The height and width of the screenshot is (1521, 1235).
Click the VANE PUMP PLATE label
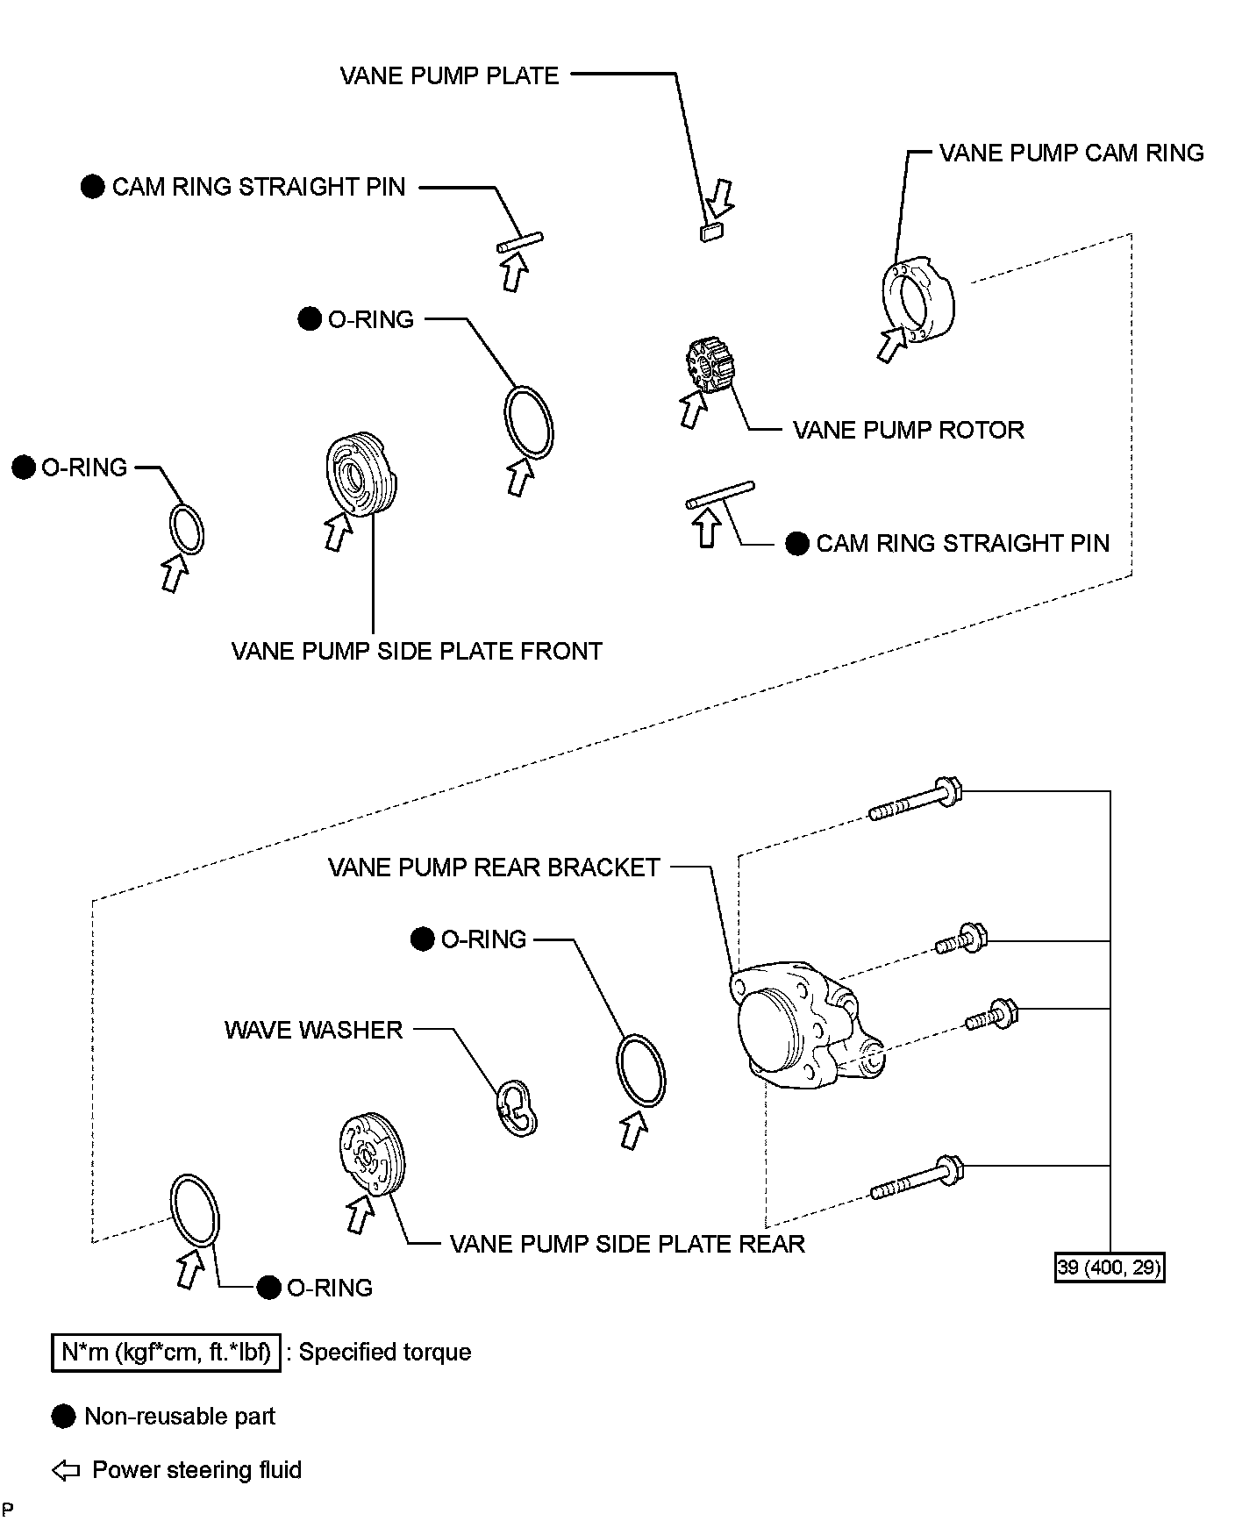click(449, 75)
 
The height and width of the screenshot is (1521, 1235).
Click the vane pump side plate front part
click(361, 475)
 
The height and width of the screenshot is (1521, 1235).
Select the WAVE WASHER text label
click(313, 1030)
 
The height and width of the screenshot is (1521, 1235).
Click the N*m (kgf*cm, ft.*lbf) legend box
click(166, 1353)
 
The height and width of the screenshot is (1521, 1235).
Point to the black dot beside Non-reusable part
click(63, 1417)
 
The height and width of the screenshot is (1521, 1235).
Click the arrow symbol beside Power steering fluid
click(66, 1471)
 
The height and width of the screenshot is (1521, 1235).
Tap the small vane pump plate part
click(710, 232)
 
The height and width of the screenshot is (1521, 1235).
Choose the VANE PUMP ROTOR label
click(908, 431)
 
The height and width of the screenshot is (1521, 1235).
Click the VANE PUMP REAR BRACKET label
click(494, 868)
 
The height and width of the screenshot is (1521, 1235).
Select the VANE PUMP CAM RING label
click(1071, 154)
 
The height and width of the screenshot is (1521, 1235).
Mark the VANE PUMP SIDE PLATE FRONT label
click(417, 652)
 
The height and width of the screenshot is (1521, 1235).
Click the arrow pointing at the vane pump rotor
click(693, 410)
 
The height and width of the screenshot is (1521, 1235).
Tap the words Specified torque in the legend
click(385, 1353)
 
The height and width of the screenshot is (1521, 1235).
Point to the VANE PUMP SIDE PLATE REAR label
click(627, 1245)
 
